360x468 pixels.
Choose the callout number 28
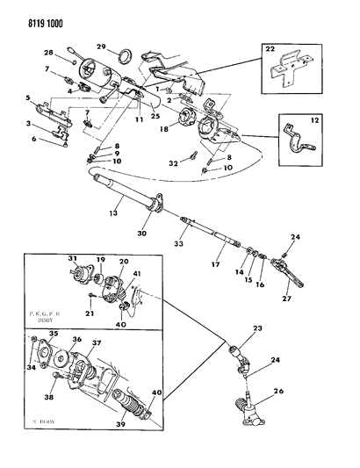49,54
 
